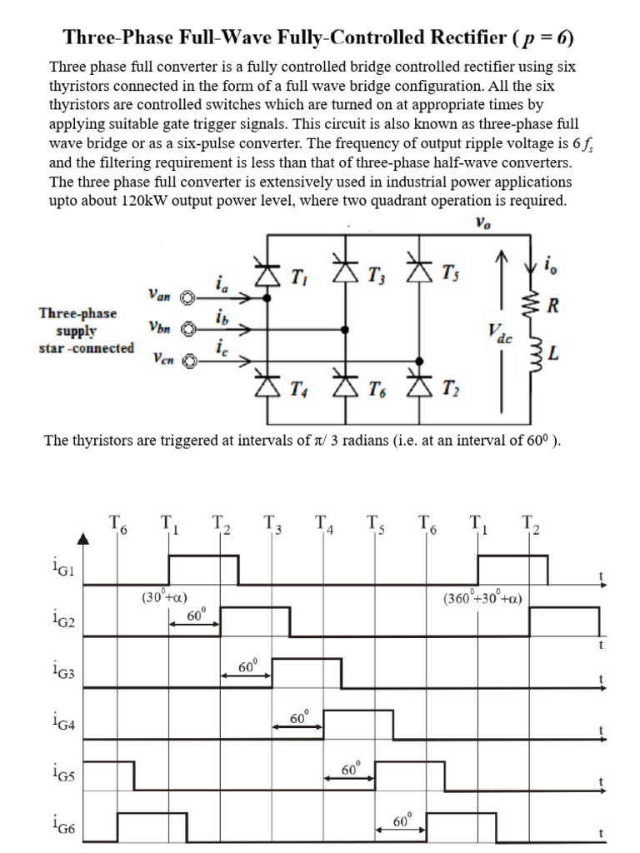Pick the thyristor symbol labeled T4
point(267,387)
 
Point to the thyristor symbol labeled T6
point(344,387)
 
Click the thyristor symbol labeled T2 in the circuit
point(418,387)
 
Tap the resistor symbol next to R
point(527,305)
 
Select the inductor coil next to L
point(527,355)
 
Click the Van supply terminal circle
point(189,297)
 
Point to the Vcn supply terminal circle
point(189,361)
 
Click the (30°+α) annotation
point(164,597)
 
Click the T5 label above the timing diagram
point(374,525)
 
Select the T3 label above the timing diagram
point(272,525)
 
